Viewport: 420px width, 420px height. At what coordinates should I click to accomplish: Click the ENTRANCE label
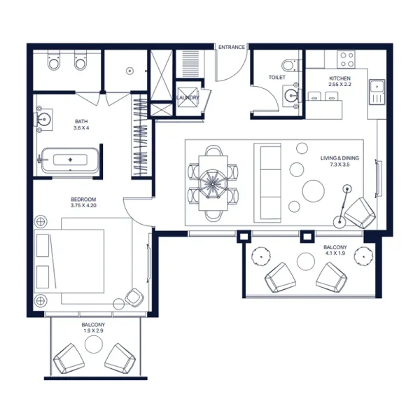click(x=232, y=47)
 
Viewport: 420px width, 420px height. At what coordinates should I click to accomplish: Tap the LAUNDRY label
click(x=188, y=97)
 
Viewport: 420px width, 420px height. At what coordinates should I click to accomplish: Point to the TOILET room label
click(x=277, y=78)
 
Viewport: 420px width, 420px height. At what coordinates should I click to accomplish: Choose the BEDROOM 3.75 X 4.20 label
click(x=83, y=202)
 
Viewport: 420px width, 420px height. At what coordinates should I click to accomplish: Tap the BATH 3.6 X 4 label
click(x=81, y=125)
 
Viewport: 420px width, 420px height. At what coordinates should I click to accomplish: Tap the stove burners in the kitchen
click(x=345, y=57)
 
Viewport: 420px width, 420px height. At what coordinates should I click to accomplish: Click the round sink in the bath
click(x=43, y=120)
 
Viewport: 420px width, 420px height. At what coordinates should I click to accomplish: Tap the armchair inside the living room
click(x=360, y=212)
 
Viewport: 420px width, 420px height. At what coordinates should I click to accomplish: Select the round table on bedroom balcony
click(x=92, y=344)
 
